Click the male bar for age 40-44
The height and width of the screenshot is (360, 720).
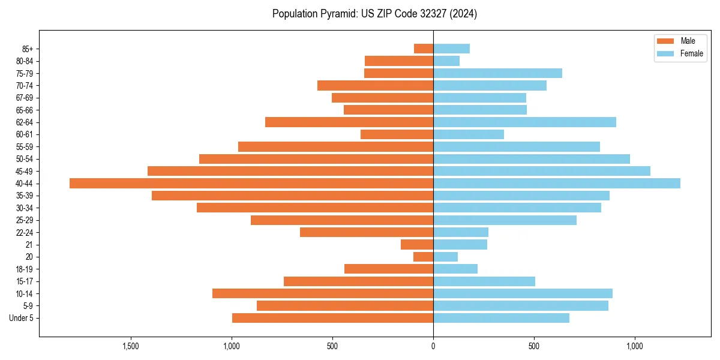(x=251, y=184)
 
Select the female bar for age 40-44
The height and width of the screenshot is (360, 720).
(x=557, y=184)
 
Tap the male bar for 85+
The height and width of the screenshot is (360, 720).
(x=424, y=49)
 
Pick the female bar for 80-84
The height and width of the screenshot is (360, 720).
(x=446, y=61)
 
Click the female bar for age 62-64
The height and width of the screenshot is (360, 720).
(x=524, y=122)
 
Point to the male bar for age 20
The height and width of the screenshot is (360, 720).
(x=423, y=257)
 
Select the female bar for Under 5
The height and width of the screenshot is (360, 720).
(x=501, y=318)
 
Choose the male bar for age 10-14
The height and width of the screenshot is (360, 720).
(x=323, y=293)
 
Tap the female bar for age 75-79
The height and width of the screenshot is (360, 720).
(x=497, y=73)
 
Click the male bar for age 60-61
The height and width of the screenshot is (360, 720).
(x=397, y=134)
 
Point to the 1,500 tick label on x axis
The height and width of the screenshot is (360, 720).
(x=131, y=346)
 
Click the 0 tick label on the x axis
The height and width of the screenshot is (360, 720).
(x=433, y=346)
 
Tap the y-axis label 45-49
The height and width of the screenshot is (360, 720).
(x=25, y=172)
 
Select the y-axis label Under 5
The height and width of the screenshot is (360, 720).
(x=21, y=318)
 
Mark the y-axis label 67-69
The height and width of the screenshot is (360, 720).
(x=25, y=98)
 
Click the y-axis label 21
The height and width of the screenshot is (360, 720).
(x=29, y=245)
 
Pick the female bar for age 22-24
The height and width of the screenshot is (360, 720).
(x=461, y=232)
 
